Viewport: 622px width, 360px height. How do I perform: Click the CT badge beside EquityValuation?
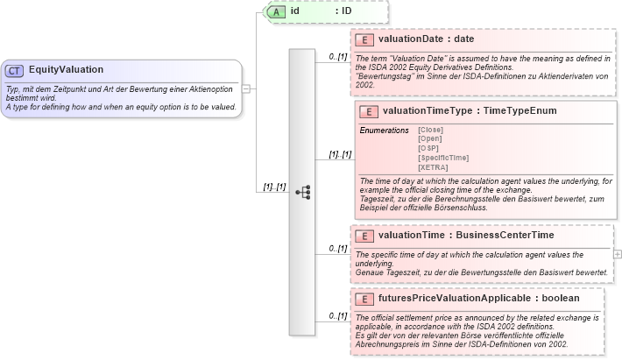pyautogui.click(x=15, y=70)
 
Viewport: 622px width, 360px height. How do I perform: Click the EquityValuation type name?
pyautogui.click(x=66, y=70)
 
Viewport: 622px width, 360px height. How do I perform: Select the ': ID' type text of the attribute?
pyautogui.click(x=347, y=11)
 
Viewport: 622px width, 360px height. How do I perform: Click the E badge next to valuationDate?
pyautogui.click(x=364, y=39)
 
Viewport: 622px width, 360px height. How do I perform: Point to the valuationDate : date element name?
pyautogui.click(x=426, y=39)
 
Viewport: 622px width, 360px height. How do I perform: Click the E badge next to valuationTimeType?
pyautogui.click(x=369, y=111)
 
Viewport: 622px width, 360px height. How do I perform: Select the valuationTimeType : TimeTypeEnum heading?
pyautogui.click(x=470, y=111)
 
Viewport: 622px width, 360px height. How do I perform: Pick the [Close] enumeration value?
pyautogui.click(x=430, y=130)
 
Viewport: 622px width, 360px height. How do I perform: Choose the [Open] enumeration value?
pyautogui.click(x=430, y=139)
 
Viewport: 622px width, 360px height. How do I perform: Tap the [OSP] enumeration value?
pyautogui.click(x=428, y=148)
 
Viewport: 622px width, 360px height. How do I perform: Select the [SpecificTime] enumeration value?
pyautogui.click(x=443, y=158)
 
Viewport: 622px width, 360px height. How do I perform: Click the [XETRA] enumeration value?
pyautogui.click(x=433, y=166)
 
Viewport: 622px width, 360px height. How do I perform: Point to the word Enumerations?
pyautogui.click(x=384, y=130)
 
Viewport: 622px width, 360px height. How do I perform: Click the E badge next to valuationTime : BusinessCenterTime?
pyautogui.click(x=364, y=236)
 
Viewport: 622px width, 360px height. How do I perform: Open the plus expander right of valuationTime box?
pyautogui.click(x=618, y=253)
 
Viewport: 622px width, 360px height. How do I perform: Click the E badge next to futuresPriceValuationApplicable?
pyautogui.click(x=364, y=300)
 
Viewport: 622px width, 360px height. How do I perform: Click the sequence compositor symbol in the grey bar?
pyautogui.click(x=303, y=192)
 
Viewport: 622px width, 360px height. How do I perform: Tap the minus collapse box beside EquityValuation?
pyautogui.click(x=247, y=88)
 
